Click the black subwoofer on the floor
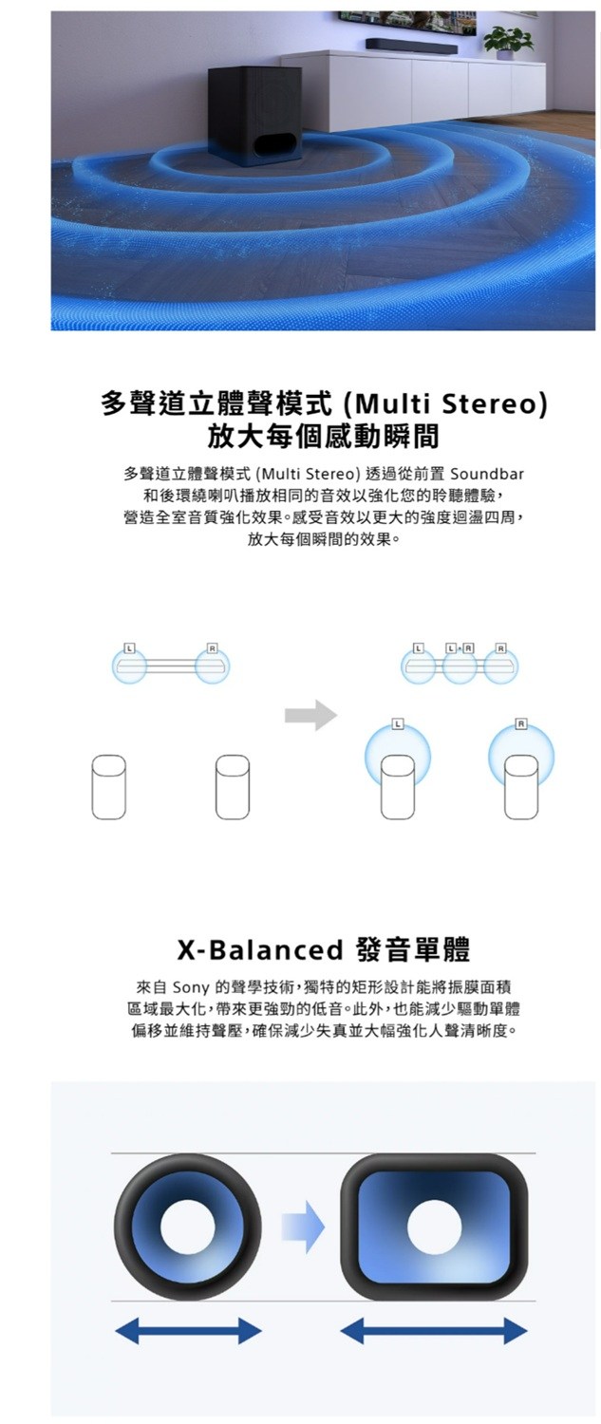point(255,117)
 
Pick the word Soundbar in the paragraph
point(487,475)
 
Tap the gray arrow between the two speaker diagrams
point(310,716)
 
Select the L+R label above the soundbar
point(460,648)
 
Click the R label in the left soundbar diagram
point(212,648)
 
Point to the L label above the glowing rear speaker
point(398,724)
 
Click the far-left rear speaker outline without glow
point(108,787)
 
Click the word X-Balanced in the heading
point(259,949)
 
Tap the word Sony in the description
point(191,988)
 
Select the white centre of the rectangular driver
point(435,1227)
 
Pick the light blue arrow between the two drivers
point(303,1227)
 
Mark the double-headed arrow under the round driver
point(188,1331)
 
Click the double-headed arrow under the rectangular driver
point(434,1331)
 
